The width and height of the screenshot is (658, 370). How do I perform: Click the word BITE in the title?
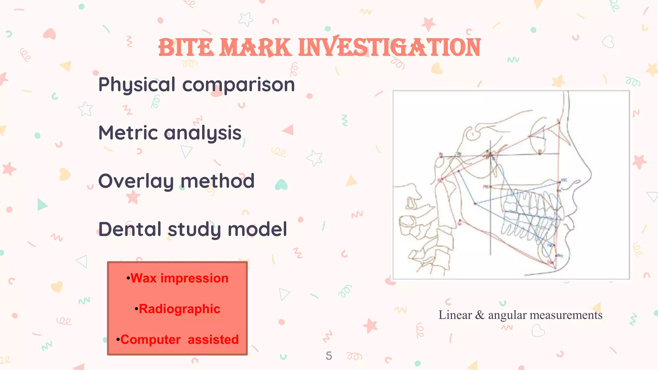tap(186, 48)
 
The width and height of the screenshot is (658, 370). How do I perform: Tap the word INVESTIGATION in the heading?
tap(389, 48)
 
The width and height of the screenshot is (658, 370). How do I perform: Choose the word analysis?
tap(203, 133)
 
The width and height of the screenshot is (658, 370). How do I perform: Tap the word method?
tap(218, 181)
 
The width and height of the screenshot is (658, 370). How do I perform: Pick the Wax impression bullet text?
tap(179, 278)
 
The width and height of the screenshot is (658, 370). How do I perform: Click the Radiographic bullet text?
tap(179, 309)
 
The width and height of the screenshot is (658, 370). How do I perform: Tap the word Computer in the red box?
tap(150, 340)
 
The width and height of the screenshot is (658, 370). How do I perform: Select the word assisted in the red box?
tap(213, 340)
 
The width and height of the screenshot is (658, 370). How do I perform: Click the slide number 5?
tap(329, 356)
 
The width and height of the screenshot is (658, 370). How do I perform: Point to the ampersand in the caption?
tap(480, 315)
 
